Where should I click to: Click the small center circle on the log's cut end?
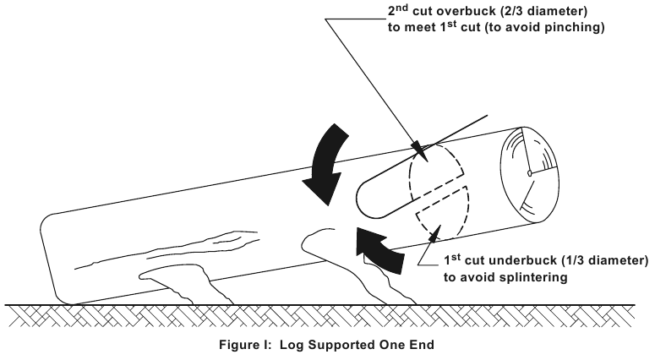(x=528, y=173)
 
